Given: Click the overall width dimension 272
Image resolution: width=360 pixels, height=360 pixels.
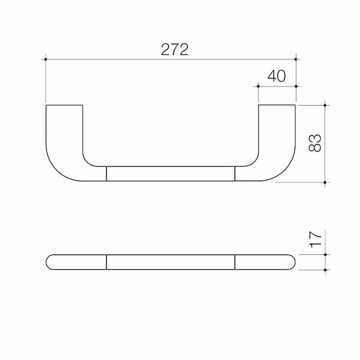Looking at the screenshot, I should coord(175,49).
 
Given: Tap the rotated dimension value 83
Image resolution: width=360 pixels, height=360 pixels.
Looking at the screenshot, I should coord(314,143).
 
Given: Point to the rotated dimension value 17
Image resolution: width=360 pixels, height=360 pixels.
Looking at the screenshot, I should coord(314,241).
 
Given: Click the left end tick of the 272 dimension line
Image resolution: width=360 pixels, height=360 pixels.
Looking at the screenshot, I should coord(46,59).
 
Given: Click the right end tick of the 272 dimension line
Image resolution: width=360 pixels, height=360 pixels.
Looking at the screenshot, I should coord(296,59).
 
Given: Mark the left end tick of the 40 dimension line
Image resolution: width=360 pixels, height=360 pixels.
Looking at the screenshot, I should coord(258,86).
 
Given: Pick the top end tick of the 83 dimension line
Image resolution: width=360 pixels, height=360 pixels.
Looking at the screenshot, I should coord(325,105).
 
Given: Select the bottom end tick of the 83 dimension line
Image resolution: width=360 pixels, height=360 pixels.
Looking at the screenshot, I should coord(325,182).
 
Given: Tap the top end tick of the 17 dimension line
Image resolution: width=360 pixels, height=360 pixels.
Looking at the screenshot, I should coord(325,254).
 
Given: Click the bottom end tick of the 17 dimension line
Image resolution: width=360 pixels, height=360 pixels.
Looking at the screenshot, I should coord(325,271).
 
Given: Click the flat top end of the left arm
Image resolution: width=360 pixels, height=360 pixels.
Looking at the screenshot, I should coord(64,106).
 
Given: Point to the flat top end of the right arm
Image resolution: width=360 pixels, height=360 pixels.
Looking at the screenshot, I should coord(277,106).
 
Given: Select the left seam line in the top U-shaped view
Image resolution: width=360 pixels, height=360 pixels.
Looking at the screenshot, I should coord(106,173).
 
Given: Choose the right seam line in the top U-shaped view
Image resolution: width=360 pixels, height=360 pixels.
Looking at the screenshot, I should coord(235,173).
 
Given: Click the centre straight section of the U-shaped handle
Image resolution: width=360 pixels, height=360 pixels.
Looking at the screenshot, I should coord(171,173).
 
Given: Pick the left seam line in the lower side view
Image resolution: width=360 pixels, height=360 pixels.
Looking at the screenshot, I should coord(106,262).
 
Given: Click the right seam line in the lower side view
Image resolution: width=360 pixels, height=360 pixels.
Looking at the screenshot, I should coord(235,262).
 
